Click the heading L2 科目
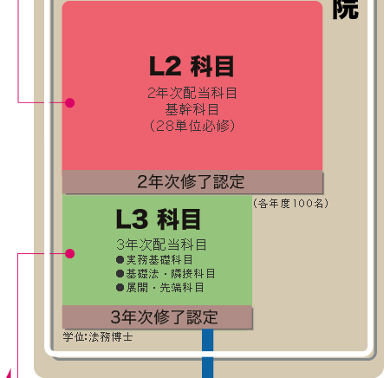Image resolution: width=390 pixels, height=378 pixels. point(192,67)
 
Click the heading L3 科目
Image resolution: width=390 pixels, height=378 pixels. point(158,219)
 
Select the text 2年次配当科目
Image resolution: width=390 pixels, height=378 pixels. point(192,93)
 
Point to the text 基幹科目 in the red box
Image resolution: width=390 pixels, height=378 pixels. point(192,109)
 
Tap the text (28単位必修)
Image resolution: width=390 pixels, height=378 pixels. point(192,126)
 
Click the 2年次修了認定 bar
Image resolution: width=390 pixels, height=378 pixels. point(192,182)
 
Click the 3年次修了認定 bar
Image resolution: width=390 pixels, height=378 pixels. point(158,317)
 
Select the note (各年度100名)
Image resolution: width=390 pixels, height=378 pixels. point(290,204)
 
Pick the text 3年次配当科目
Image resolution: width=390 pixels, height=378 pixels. point(161,244)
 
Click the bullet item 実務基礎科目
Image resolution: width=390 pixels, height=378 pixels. point(154,260)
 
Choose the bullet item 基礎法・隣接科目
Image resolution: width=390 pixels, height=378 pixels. point(166,274)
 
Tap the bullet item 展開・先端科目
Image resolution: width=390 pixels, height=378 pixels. point(160,288)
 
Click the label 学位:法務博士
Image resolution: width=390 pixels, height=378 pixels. point(98,337)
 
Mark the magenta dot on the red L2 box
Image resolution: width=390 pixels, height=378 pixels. point(70,102)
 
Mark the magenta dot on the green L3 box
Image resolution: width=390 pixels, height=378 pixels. point(70,253)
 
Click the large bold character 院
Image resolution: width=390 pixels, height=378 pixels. point(346,10)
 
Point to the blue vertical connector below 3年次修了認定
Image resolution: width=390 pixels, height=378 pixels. point(207,353)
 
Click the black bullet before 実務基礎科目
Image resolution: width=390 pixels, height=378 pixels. point(120,260)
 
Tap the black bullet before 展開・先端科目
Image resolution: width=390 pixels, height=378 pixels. point(120,288)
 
